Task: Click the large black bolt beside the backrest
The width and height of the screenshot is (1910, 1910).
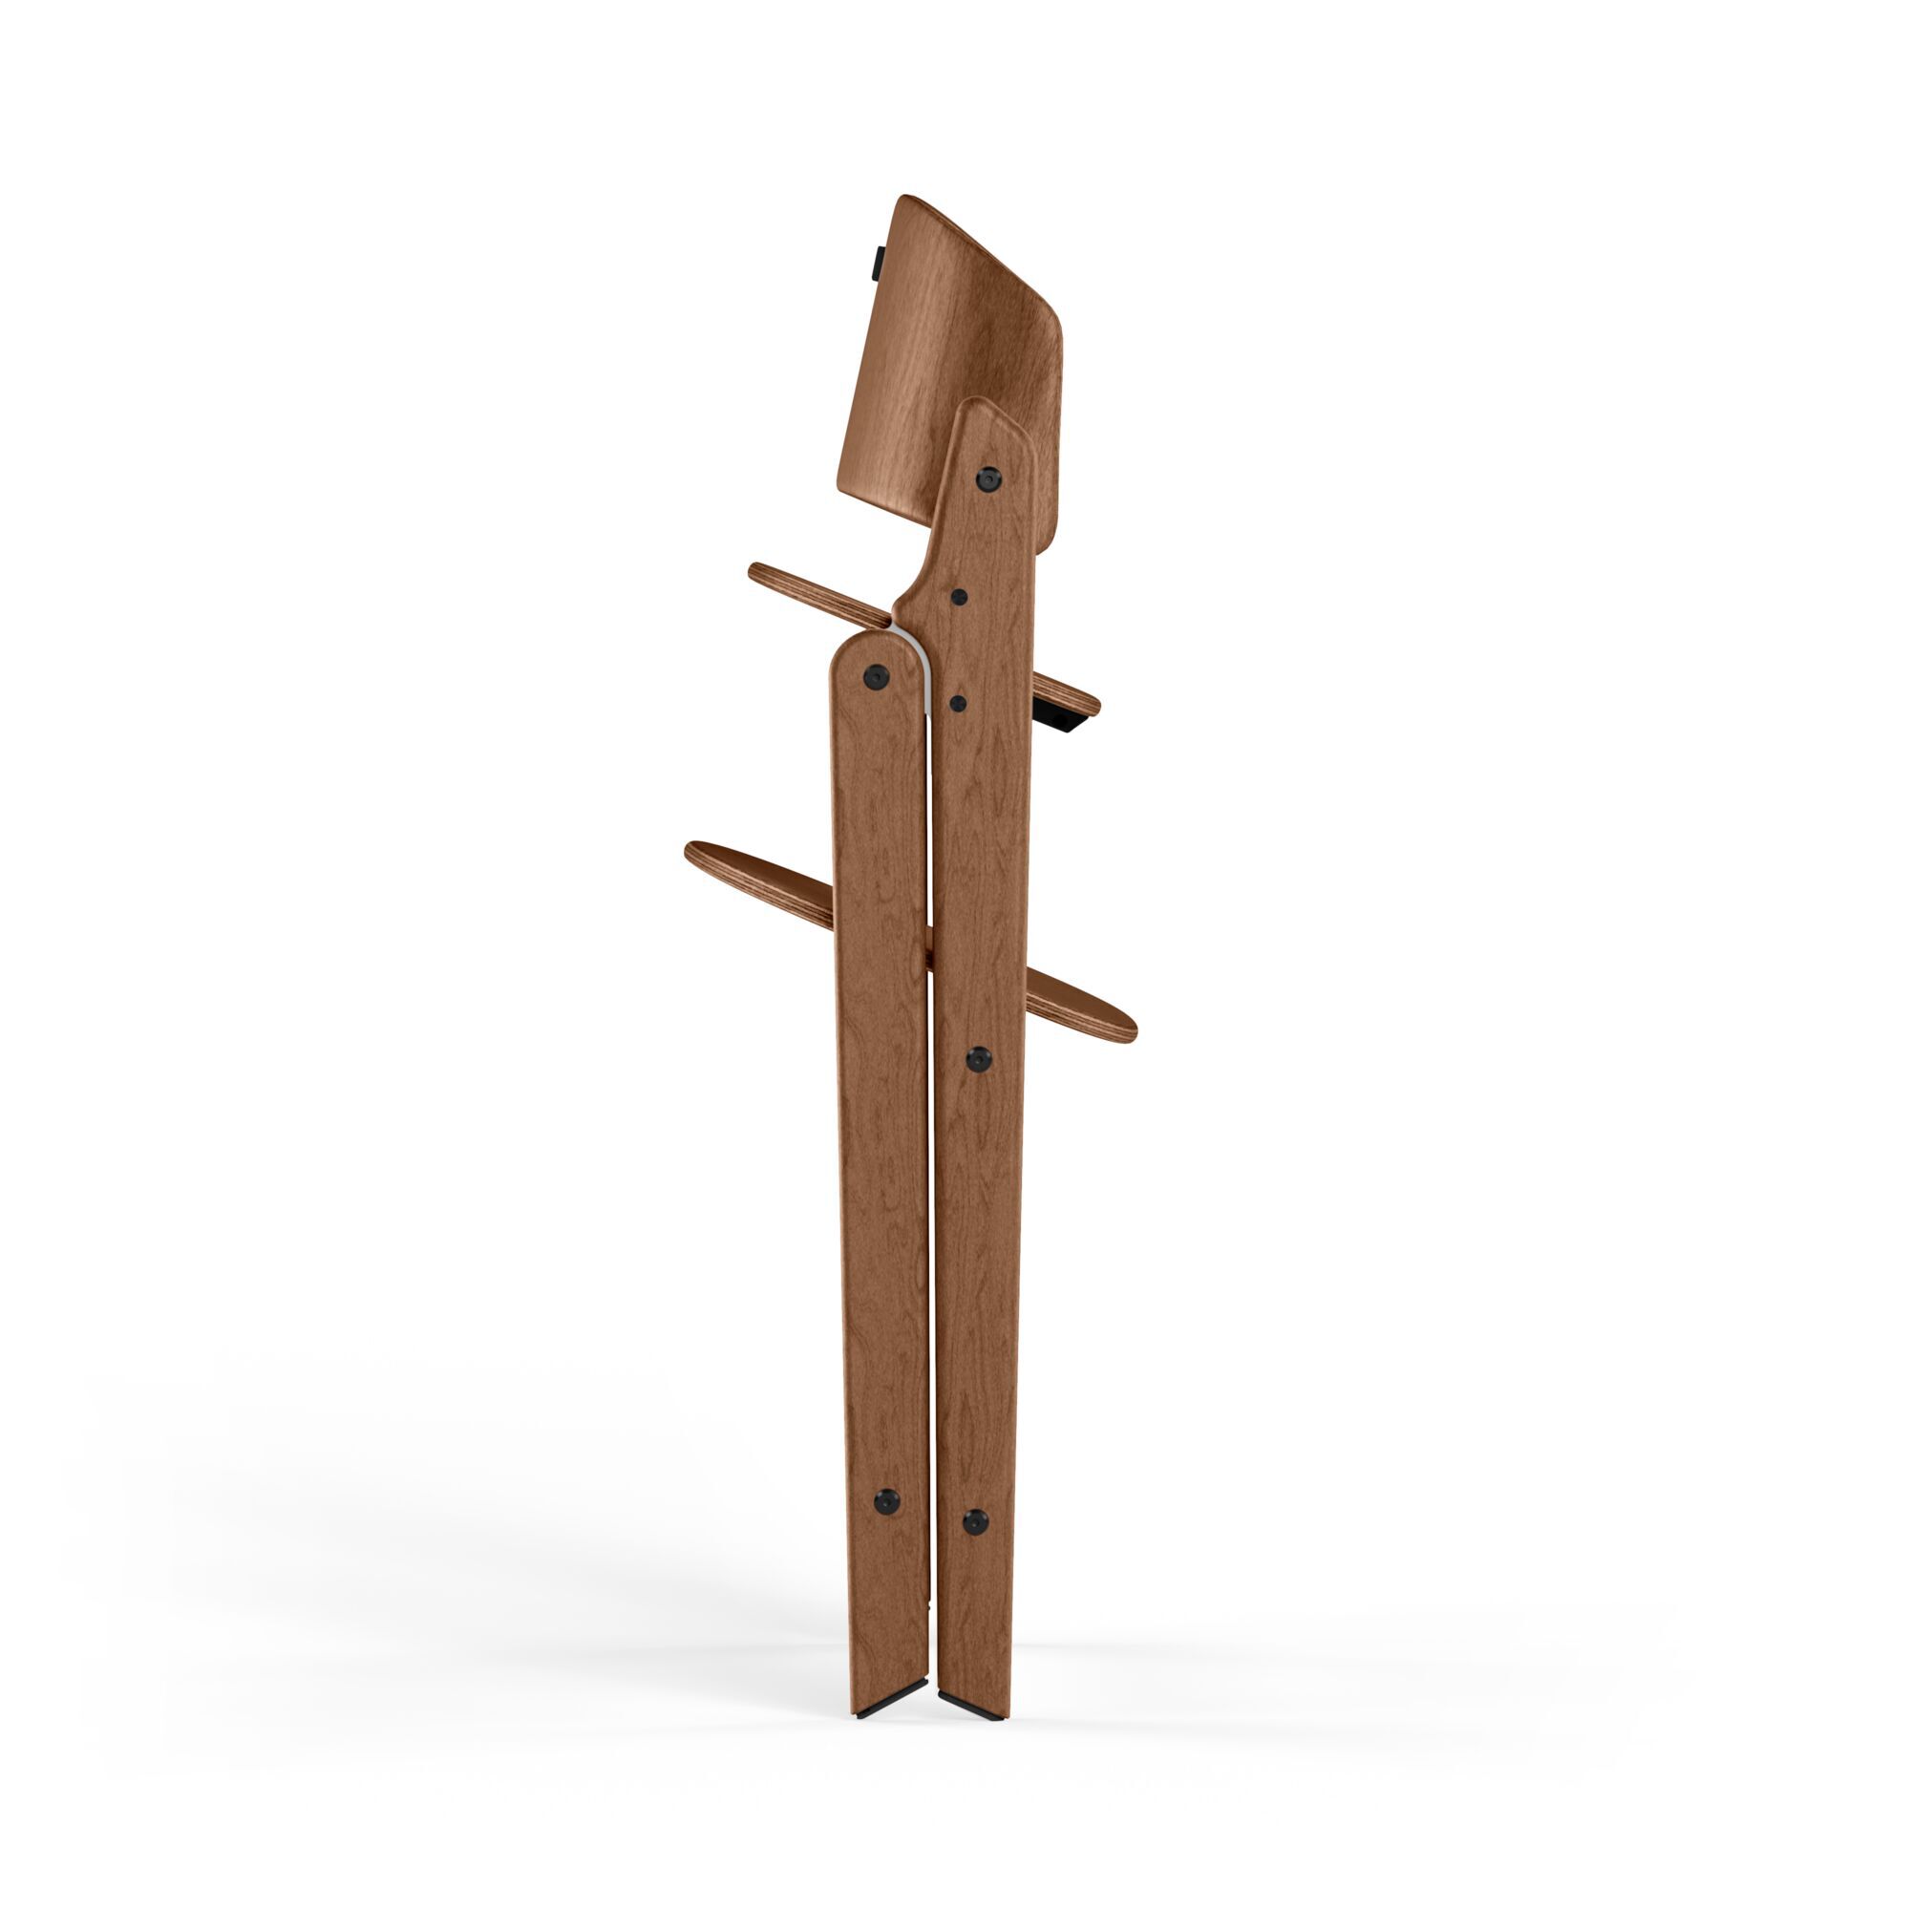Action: click(x=987, y=478)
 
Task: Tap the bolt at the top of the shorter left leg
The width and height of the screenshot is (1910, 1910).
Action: click(x=875, y=676)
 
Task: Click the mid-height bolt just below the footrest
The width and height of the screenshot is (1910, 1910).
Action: click(x=978, y=1060)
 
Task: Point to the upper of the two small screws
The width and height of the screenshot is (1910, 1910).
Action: click(x=958, y=596)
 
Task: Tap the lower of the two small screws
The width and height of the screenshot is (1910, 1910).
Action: click(x=957, y=703)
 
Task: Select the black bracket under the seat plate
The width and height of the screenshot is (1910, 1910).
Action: click(x=1063, y=719)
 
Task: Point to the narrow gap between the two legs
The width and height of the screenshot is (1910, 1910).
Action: click(x=930, y=1285)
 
